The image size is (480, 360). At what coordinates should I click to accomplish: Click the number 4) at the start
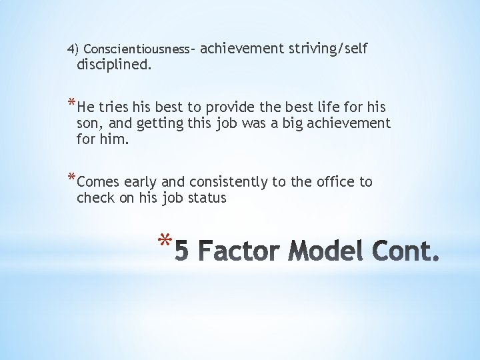click(73, 49)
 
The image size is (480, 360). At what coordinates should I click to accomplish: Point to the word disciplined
click(114, 65)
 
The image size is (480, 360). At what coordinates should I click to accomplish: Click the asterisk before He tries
click(71, 105)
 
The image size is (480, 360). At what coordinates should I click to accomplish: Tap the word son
click(89, 123)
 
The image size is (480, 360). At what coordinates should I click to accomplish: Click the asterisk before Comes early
click(71, 179)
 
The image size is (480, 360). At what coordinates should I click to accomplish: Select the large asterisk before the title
click(165, 241)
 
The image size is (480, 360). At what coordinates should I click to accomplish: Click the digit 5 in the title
click(185, 252)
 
